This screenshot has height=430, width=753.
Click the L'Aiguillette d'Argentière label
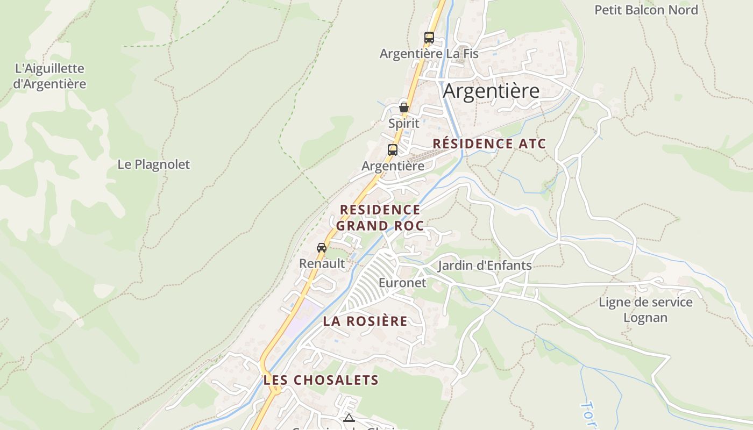[x=49, y=76]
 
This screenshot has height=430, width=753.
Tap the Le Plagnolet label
[x=153, y=164]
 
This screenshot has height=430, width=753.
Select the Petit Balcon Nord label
[x=646, y=10]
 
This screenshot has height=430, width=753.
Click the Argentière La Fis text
[x=429, y=54]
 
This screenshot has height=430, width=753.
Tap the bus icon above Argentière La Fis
[x=429, y=38]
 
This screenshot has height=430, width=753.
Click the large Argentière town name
[x=491, y=91]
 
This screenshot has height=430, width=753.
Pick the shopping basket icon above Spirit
[x=404, y=107]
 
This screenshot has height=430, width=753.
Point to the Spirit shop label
[x=403, y=124]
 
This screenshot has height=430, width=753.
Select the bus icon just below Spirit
[x=393, y=150]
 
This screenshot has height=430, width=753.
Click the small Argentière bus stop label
[x=393, y=166]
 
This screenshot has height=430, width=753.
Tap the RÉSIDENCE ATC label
[x=489, y=144]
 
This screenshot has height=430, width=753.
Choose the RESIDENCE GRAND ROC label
[x=380, y=218]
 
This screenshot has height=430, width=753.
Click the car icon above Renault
[x=322, y=248]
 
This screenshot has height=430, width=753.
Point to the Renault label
[x=322, y=263]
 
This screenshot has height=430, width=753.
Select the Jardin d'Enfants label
[x=485, y=266]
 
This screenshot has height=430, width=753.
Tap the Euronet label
[x=402, y=283]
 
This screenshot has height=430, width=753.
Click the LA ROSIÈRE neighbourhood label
[x=365, y=321]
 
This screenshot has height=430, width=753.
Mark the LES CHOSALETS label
[x=321, y=380]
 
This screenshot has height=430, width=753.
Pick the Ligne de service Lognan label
[x=645, y=310]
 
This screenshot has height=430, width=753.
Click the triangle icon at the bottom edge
[x=349, y=418]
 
